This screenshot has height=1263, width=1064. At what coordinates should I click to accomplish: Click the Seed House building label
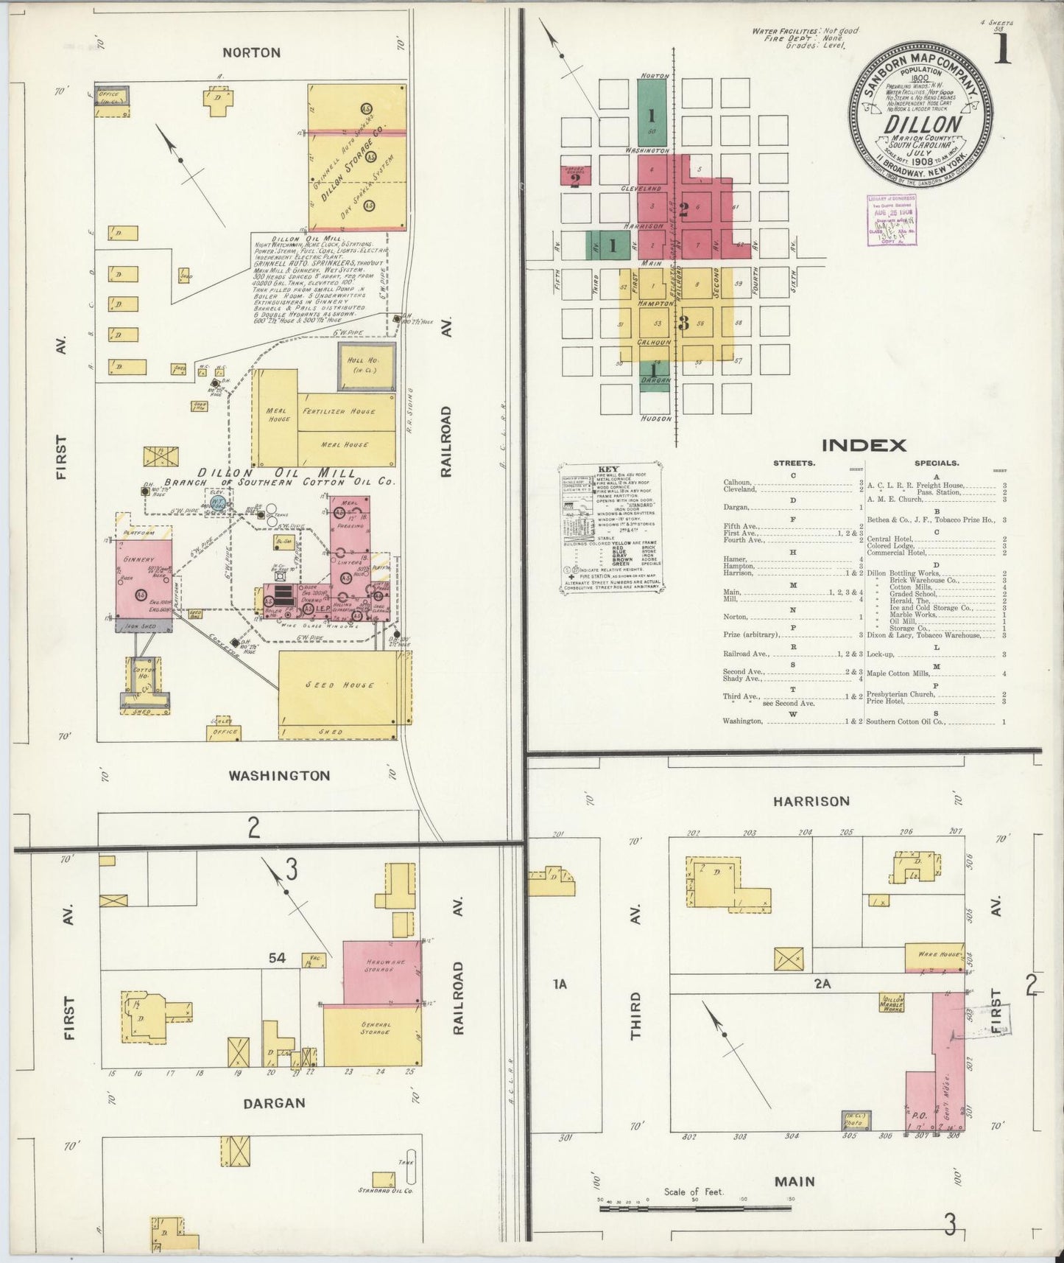pos(340,685)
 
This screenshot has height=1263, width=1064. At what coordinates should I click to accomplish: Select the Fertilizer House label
pos(338,411)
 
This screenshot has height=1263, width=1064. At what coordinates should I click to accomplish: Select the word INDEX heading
pos(864,445)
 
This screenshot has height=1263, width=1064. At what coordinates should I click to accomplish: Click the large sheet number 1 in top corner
pos(1001,52)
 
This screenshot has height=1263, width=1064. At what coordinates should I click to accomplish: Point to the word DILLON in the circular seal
pos(922,124)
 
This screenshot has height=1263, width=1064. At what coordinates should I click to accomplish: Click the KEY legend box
pos(613,527)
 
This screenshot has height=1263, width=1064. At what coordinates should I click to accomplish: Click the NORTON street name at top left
pos(252,52)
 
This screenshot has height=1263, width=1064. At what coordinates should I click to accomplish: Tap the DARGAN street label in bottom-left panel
pos(275,1103)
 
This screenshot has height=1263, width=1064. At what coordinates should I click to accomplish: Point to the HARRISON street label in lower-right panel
pos(811,801)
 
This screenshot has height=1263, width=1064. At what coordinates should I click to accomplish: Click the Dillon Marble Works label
pos(892,1003)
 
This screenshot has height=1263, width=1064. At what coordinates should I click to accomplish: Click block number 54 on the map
pos(277,959)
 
